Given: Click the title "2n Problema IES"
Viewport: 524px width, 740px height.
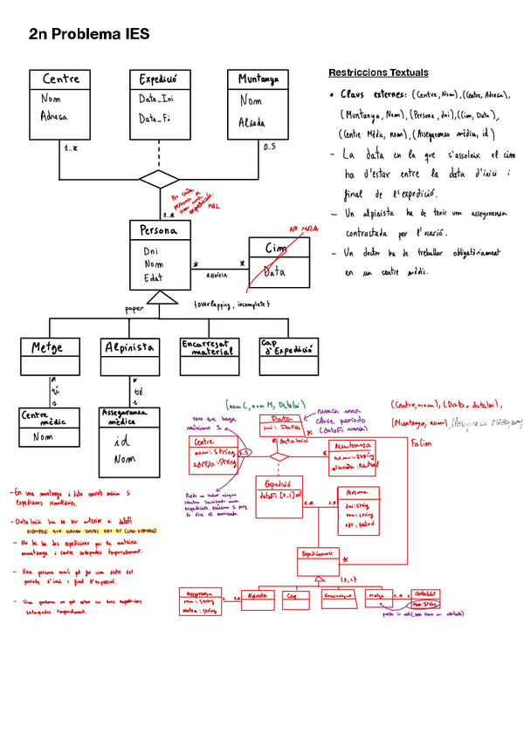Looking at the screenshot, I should [x=89, y=34].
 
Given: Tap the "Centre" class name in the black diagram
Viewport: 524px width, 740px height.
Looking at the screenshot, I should [x=60, y=79].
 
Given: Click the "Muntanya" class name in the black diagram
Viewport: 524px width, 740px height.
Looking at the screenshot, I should [x=258, y=79].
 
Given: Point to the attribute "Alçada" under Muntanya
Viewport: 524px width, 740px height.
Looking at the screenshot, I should [x=252, y=123].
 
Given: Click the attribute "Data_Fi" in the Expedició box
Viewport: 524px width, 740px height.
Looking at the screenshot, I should [x=155, y=118].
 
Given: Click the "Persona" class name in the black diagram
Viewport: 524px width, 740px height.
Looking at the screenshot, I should [x=159, y=230].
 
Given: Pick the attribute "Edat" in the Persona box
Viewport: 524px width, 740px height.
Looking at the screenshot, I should [x=154, y=278].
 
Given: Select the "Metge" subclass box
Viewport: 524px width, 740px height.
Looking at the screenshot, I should [x=49, y=347].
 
